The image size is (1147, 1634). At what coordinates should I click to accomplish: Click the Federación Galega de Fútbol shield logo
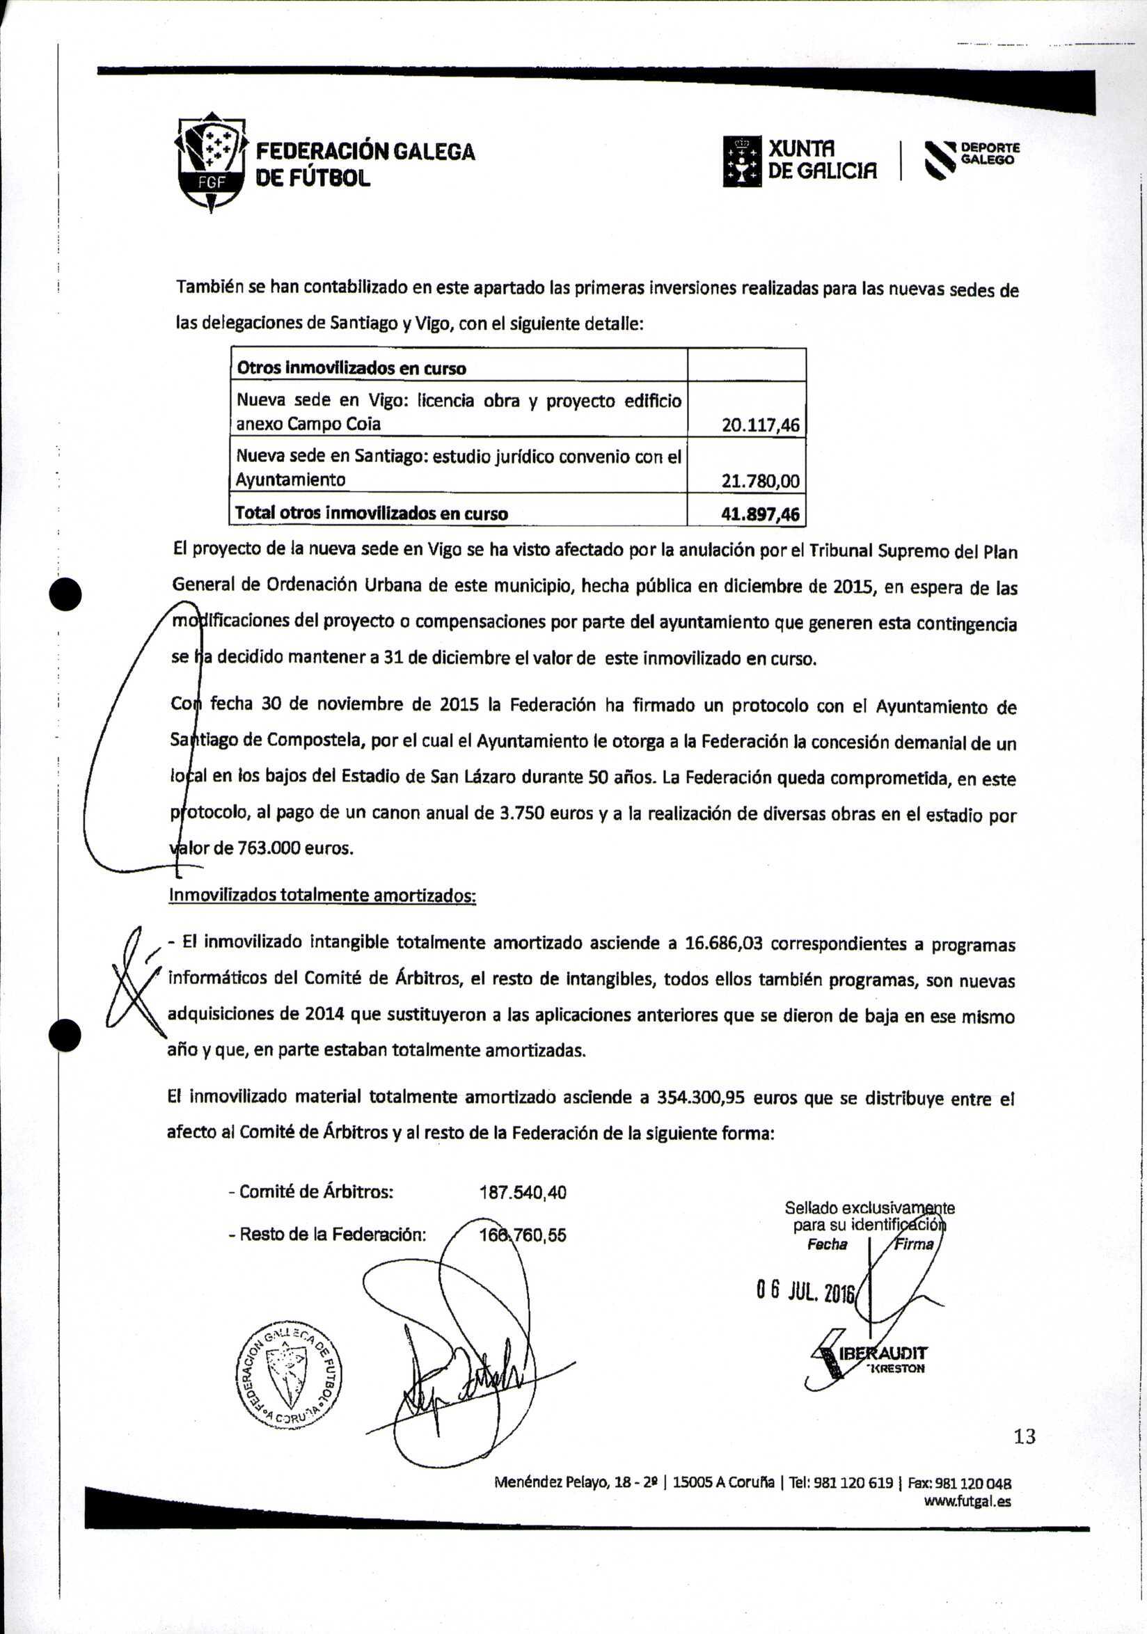point(212,163)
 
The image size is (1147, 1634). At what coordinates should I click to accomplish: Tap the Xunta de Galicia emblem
point(742,161)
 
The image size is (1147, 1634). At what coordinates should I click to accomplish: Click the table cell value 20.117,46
point(760,426)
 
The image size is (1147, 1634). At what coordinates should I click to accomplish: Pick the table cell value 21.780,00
point(760,482)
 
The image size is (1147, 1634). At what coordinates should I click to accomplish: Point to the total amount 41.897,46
point(760,514)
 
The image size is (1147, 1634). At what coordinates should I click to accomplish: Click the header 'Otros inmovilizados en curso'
point(351,368)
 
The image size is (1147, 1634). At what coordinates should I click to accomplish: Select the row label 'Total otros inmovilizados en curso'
point(372,514)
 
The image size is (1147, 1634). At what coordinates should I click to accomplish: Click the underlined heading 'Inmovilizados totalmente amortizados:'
point(322,894)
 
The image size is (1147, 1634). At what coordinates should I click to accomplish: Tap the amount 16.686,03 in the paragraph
point(723,944)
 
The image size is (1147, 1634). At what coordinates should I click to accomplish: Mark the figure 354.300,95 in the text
point(700,1097)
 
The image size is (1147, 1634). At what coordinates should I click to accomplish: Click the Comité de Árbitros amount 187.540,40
point(523,1192)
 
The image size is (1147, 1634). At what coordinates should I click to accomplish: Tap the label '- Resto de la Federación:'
point(327,1235)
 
